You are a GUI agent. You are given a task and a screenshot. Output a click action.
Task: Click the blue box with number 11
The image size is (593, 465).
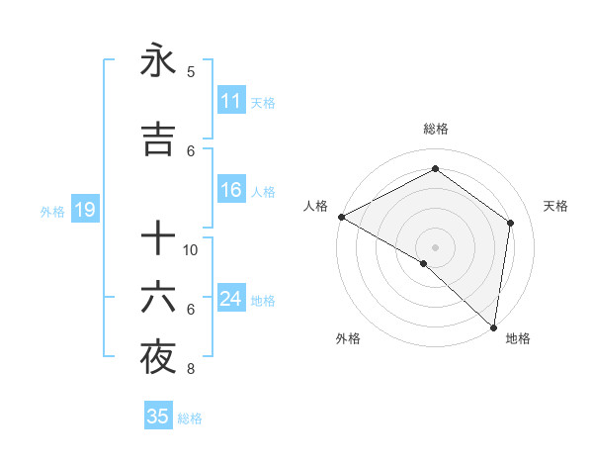[x=230, y=101]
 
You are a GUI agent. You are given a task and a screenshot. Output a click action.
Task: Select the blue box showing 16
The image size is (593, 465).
[x=230, y=191]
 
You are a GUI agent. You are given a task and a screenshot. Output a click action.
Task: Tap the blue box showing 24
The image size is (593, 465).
[x=230, y=300]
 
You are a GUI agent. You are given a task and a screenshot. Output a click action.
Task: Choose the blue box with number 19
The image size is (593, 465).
[x=84, y=210]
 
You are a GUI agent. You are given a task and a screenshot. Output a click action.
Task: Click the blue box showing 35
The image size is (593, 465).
[x=158, y=417]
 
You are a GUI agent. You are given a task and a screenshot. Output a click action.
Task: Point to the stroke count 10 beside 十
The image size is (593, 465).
[x=191, y=249]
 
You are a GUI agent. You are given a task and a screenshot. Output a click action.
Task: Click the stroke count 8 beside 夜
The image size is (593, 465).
[x=191, y=370]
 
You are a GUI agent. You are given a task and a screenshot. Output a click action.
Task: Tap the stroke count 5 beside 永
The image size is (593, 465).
[x=191, y=71]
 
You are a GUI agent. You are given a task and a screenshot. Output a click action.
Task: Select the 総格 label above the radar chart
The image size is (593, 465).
[x=435, y=130]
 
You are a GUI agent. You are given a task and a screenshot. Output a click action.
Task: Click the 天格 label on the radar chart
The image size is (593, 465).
[x=555, y=206]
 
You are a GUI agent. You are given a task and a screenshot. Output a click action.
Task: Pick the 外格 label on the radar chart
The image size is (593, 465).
[x=348, y=339]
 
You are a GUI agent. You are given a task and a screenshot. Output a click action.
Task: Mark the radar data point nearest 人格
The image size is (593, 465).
[x=341, y=217]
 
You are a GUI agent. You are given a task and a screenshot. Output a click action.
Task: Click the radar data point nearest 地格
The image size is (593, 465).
[x=493, y=326]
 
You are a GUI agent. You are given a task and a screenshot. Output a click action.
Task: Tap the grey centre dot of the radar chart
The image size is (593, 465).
[x=435, y=246]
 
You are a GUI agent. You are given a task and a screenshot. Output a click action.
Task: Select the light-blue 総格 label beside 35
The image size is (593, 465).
[x=190, y=418]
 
